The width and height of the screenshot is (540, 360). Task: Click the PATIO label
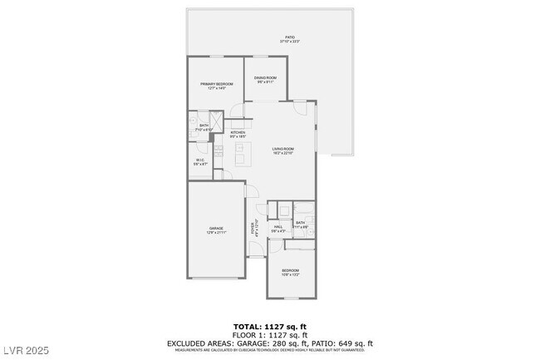click(x=290, y=37)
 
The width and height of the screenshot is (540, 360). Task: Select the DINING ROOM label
click(x=265, y=78)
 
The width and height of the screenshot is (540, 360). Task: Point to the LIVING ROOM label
click(x=283, y=149)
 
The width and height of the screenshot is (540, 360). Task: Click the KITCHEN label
click(x=238, y=133)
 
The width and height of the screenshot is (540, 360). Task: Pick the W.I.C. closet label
click(x=200, y=160)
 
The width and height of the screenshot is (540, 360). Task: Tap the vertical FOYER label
click(x=254, y=226)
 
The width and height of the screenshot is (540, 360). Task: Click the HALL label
click(x=279, y=226)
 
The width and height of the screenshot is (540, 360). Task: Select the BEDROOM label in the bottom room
click(x=290, y=271)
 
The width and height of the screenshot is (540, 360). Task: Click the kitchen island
click(x=242, y=153)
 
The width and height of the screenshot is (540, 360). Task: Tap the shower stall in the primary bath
click(x=214, y=120)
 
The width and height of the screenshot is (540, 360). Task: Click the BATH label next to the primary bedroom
click(x=204, y=126)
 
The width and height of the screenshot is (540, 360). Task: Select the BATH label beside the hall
click(x=301, y=222)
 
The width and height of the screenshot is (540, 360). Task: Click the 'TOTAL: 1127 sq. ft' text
click(x=269, y=325)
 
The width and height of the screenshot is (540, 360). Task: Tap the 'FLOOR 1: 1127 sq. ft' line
click(x=269, y=334)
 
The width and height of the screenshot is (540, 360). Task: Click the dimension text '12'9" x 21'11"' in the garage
click(x=217, y=233)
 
